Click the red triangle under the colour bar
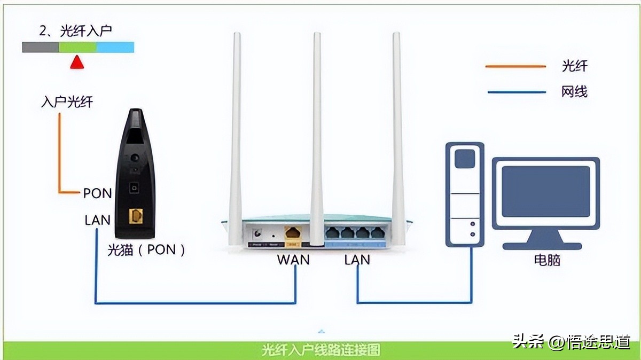(78, 62)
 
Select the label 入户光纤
(67, 101)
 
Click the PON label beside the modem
(97, 193)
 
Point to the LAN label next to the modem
(97, 220)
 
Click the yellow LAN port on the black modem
(136, 216)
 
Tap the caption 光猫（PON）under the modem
(146, 249)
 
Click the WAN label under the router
(293, 260)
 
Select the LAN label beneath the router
(357, 260)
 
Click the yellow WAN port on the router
(293, 233)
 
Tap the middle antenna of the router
(317, 134)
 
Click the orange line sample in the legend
(515, 67)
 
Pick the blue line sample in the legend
(515, 92)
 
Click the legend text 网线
(574, 92)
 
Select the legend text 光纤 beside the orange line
(574, 66)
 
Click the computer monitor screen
(545, 191)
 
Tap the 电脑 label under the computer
(548, 260)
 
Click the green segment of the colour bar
(77, 48)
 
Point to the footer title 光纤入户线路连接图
(321, 350)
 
